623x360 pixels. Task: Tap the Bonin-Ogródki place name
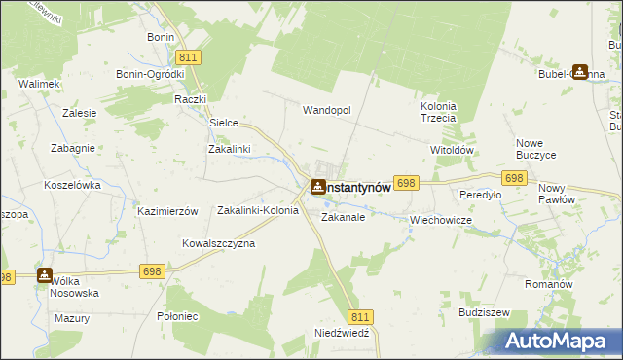click(x=150, y=74)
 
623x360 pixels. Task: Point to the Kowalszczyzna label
click(x=218, y=243)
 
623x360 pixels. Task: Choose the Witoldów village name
click(x=451, y=151)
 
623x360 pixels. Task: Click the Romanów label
click(x=573, y=283)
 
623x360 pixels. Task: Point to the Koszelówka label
click(x=73, y=184)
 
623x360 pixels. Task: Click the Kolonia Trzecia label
click(x=438, y=112)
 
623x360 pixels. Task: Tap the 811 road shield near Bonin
click(x=190, y=57)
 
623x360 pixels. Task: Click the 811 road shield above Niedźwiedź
click(x=360, y=316)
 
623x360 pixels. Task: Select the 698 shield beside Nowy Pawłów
click(x=515, y=178)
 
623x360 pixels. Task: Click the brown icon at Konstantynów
click(x=317, y=186)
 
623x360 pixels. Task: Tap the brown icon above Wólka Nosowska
click(x=45, y=275)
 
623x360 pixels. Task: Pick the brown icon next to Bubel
click(x=580, y=71)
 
